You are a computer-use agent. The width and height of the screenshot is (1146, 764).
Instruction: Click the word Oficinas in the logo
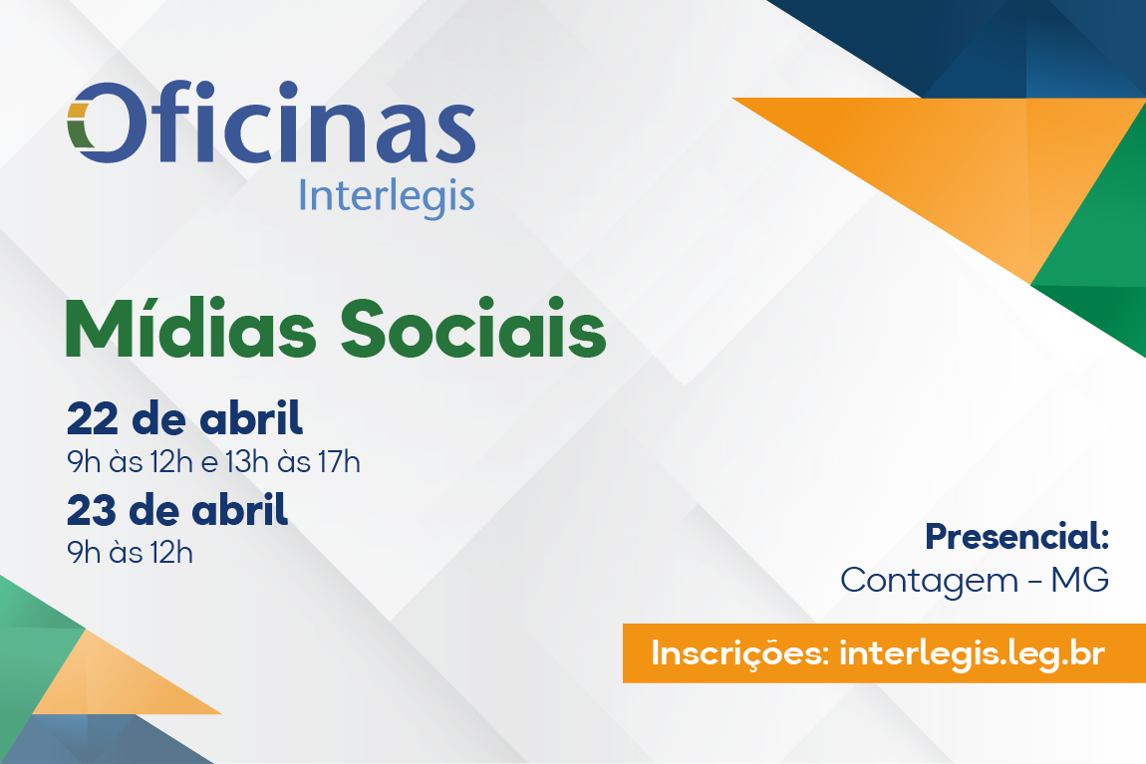click(x=271, y=122)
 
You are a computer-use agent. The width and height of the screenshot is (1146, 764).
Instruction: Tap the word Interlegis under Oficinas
click(x=387, y=196)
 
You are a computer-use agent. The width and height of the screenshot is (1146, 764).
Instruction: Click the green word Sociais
click(x=473, y=328)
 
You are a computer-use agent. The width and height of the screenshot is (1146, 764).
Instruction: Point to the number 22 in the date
click(x=92, y=418)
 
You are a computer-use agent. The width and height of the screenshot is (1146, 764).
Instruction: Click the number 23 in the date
click(x=92, y=510)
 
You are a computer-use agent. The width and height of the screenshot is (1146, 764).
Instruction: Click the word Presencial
click(x=1016, y=536)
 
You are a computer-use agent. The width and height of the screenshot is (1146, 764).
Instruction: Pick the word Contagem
click(x=929, y=582)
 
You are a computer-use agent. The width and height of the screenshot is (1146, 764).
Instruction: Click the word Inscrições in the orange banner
click(x=739, y=653)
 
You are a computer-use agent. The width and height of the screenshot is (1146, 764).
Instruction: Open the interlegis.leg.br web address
click(x=972, y=653)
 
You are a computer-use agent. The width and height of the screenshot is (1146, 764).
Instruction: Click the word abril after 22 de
click(x=251, y=417)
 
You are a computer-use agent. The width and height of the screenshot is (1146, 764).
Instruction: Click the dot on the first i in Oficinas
click(x=205, y=90)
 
